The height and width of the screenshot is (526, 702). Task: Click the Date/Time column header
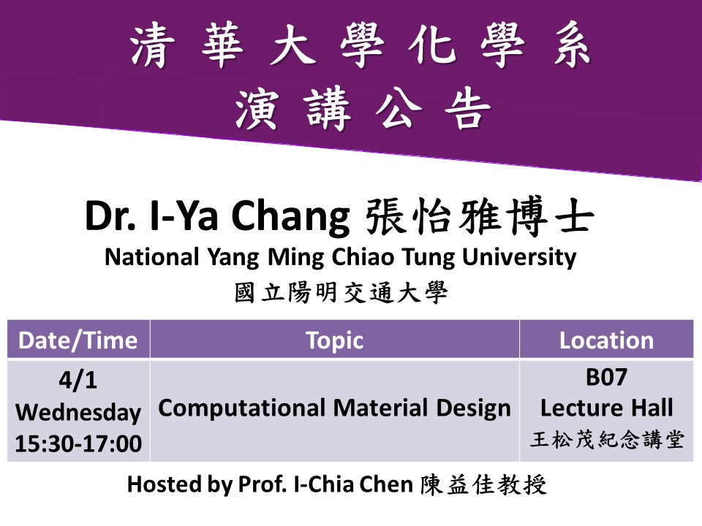78,340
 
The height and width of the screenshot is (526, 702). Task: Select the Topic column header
334,341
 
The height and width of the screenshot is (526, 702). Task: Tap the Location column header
607,340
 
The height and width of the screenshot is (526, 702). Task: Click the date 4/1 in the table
78,380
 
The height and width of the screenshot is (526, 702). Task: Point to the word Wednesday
78,412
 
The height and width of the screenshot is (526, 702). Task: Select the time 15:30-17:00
78,443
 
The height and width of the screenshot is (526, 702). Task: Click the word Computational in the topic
242,409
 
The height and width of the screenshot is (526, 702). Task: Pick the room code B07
607,377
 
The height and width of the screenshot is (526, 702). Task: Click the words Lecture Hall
607,408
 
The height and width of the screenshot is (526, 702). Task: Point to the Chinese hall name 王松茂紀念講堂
607,439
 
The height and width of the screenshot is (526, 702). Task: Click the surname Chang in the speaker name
290,216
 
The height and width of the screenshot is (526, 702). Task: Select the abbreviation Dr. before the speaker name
110,216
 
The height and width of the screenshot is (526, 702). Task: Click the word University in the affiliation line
519,258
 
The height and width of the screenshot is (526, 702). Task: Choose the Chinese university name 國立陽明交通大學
341,293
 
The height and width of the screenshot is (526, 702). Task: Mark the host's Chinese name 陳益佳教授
483,485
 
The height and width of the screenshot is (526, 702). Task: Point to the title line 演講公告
363,108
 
